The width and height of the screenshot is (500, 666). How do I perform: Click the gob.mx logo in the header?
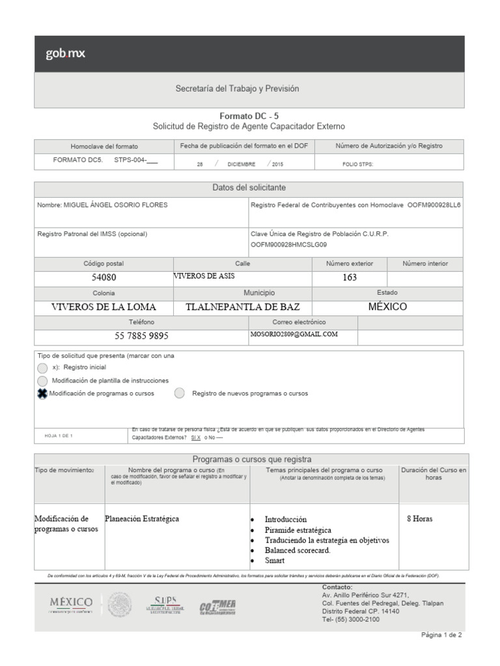point(65,54)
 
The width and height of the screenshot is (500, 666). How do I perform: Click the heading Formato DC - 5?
point(249,115)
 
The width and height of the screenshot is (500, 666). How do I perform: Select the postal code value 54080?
point(104,278)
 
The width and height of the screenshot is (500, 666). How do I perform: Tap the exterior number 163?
point(350,278)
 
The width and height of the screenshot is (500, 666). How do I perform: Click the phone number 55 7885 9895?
point(141,336)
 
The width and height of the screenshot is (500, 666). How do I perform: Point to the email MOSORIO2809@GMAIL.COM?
point(294,334)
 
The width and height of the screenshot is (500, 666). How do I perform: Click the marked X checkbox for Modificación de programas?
point(42,393)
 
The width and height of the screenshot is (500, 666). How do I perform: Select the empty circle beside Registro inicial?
point(42,367)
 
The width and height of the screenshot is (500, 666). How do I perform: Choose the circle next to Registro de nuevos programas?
point(180,393)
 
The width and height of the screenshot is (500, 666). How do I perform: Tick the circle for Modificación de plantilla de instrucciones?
point(42,380)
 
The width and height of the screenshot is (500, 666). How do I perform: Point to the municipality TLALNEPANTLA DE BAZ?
point(239,307)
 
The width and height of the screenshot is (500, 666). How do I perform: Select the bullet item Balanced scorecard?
point(297,550)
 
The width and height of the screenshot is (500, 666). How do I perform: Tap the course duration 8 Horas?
point(419,519)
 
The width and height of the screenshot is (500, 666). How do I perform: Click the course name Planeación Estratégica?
point(142,519)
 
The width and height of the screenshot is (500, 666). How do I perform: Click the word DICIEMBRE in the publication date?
point(242,165)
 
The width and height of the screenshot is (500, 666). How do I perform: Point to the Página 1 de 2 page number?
point(441,635)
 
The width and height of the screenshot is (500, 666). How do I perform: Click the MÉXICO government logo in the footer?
point(72,604)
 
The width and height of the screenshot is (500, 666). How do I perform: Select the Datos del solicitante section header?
point(249,187)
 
